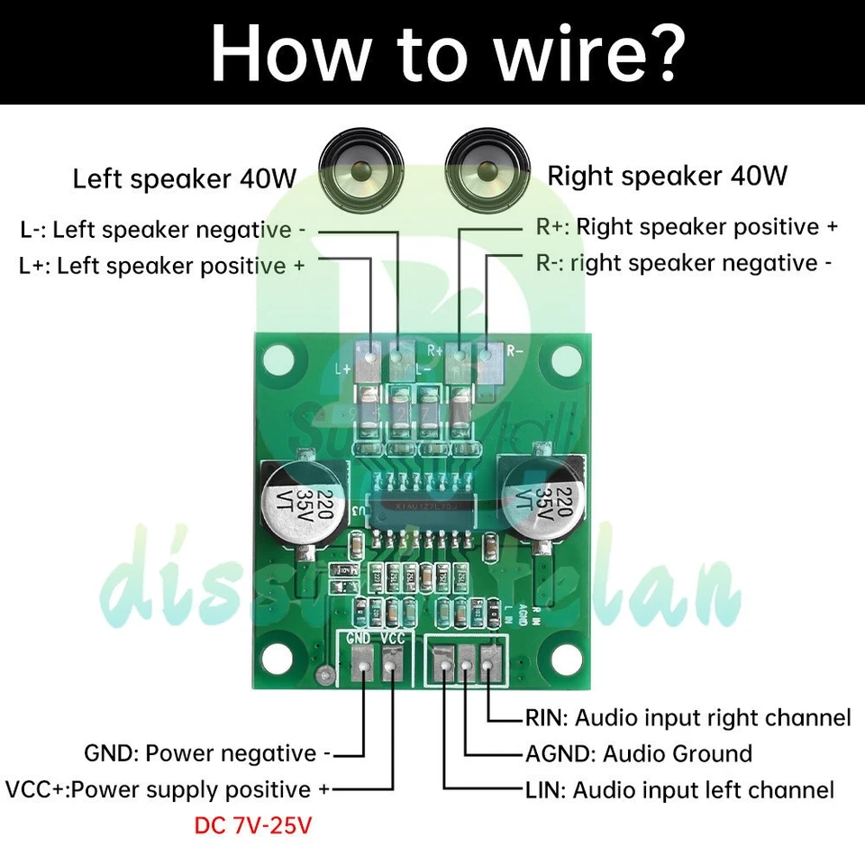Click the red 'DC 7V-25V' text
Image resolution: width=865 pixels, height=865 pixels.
coord(253,824)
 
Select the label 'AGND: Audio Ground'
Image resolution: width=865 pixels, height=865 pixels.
coord(638,753)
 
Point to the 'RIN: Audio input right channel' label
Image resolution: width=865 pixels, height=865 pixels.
coord(687,718)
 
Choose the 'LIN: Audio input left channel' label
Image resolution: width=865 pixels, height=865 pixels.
coord(679,790)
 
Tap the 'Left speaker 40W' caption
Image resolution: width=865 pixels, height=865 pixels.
coord(184,178)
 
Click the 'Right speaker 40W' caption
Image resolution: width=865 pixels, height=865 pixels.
coord(668,175)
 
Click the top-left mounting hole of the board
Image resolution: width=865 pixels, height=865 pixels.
coord(273,362)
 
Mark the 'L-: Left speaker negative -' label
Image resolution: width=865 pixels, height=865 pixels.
coord(162,230)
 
